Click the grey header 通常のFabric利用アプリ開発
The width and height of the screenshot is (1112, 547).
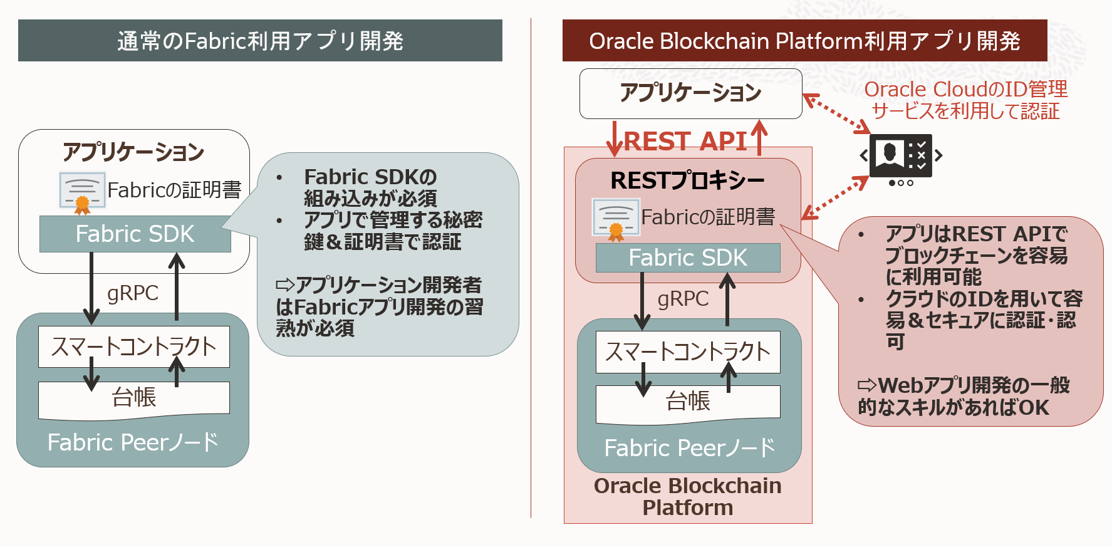[x=260, y=41]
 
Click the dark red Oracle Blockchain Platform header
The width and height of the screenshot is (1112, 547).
[x=804, y=41]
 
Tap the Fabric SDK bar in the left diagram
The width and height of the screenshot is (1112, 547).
[x=135, y=234]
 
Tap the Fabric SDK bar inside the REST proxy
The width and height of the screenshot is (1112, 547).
[x=688, y=258]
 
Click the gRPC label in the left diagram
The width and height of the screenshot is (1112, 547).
[x=133, y=293]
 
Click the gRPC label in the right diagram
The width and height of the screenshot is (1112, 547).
[x=683, y=299]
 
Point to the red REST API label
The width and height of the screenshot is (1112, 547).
[x=685, y=141]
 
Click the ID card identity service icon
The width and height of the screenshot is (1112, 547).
[x=901, y=155]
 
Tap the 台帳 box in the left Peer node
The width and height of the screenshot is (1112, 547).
[x=133, y=398]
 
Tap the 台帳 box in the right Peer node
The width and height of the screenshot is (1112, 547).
[x=688, y=402]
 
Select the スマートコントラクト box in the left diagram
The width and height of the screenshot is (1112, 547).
[x=133, y=346]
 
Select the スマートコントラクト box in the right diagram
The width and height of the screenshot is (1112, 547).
[x=688, y=352]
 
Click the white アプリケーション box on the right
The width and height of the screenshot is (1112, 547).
[x=690, y=93]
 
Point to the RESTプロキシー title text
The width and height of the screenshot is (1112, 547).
[x=687, y=180]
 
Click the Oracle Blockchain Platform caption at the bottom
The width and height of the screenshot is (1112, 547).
[x=687, y=496]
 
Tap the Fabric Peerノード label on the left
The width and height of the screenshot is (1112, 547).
[x=133, y=442]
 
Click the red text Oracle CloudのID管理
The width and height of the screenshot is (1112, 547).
[x=965, y=90]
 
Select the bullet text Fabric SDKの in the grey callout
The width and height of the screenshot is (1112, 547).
[x=370, y=177]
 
